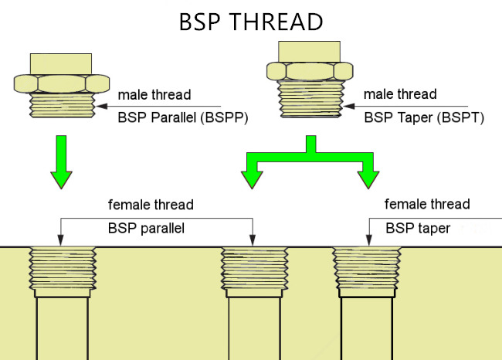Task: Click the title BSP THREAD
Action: (250, 21)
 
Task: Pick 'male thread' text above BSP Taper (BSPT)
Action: (399, 94)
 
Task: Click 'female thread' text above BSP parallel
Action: (151, 205)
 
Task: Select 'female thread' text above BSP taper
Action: (427, 205)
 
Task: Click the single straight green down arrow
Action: (62, 161)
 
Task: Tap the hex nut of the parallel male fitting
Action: (62, 83)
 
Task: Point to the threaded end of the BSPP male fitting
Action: (63, 104)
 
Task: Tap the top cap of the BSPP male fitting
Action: (62, 63)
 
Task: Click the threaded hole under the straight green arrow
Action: (63, 270)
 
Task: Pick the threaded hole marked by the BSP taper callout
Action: (367, 270)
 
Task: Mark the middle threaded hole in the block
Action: (254, 270)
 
